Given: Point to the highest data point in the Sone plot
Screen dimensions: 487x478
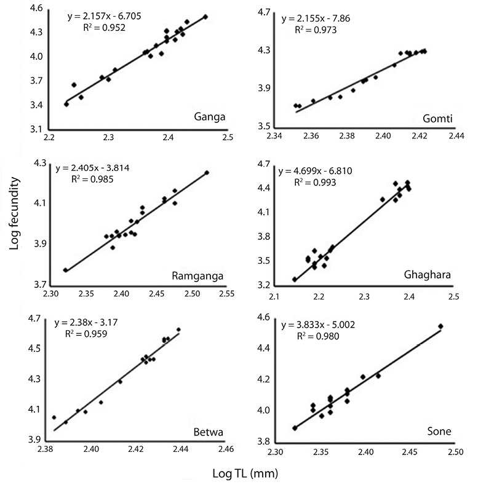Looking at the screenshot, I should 440,326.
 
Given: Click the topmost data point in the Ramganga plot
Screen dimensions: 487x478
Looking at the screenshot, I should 207,173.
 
